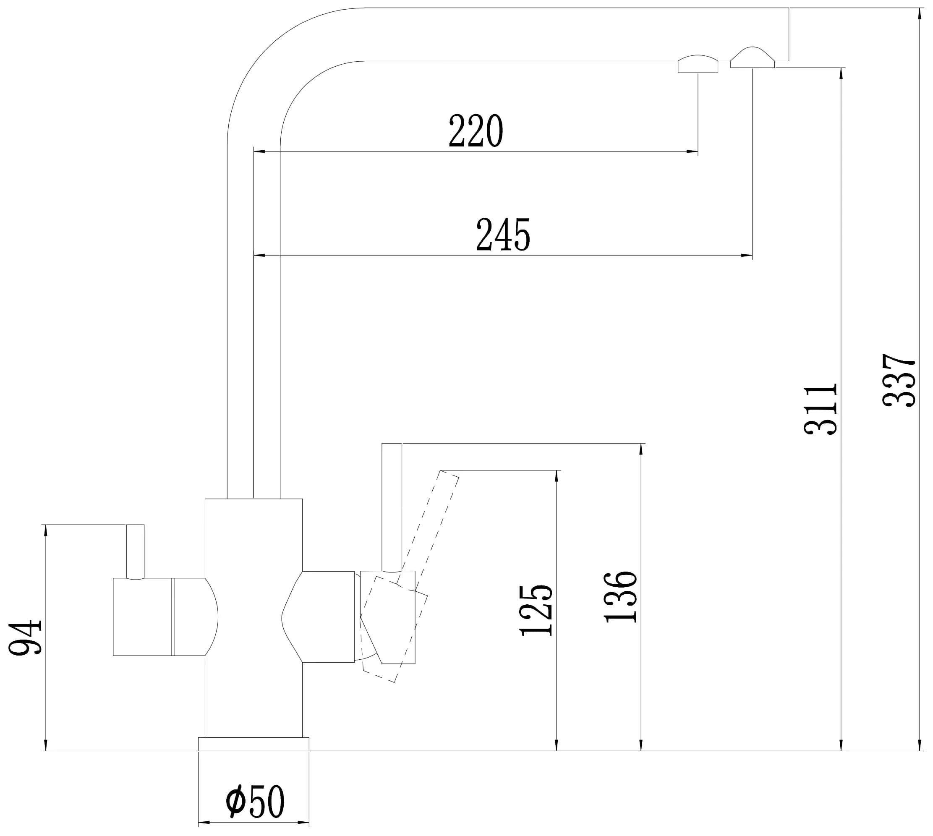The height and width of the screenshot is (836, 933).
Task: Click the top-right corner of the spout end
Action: [789, 8]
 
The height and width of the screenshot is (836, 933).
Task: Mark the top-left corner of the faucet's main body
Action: [205, 499]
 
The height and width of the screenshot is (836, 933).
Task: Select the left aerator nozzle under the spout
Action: [698, 64]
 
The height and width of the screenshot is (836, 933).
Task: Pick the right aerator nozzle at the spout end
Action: [752, 57]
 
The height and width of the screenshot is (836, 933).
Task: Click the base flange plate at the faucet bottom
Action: [254, 744]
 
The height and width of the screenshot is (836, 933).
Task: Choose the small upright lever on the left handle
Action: [135, 552]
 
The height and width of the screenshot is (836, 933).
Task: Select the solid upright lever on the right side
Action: [392, 507]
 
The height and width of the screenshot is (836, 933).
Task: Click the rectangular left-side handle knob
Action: [143, 617]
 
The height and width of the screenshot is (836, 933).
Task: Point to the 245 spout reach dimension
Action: [503, 235]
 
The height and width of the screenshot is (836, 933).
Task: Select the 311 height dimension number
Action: [821, 409]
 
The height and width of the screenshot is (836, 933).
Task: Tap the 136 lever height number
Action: [621, 597]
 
